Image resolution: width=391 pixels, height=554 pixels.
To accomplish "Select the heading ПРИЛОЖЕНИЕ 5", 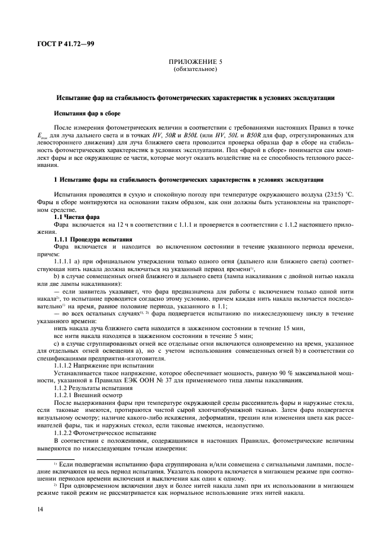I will [x=195, y=61].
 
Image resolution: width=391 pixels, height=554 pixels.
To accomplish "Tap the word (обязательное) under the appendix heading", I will [x=195, y=69].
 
